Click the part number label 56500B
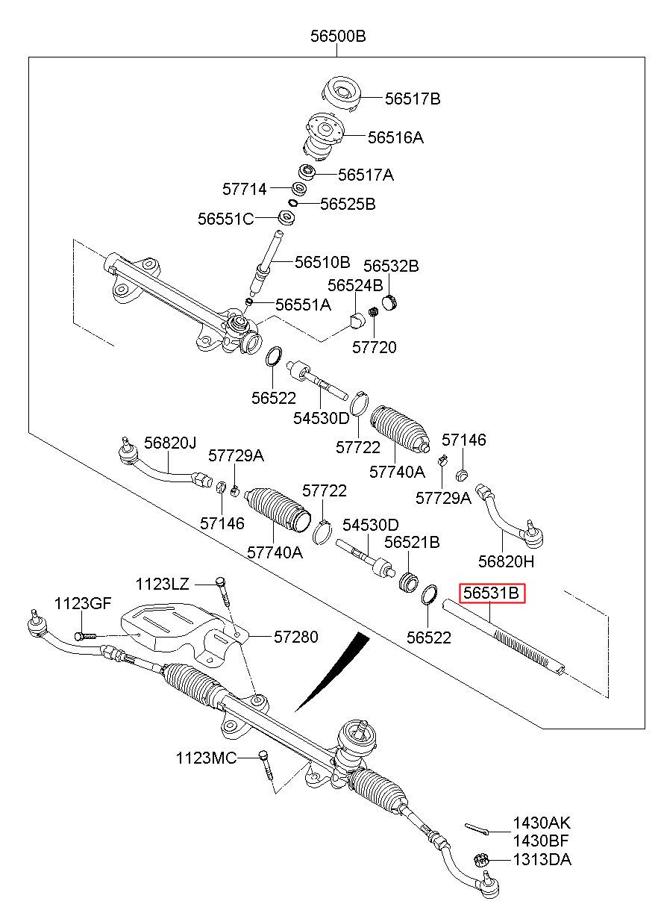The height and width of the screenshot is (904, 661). click(338, 36)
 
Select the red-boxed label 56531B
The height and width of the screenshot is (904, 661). click(492, 593)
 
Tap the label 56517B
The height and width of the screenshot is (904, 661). click(413, 98)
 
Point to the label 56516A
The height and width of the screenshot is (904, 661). click(395, 137)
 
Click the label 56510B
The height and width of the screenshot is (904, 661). click(322, 262)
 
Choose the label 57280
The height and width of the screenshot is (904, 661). click(295, 637)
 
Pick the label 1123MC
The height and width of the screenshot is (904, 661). click(206, 758)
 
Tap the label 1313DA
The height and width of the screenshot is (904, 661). click(542, 859)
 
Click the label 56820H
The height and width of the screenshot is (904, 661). click(507, 561)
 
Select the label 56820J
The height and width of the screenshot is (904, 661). click(170, 443)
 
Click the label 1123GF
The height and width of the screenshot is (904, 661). click(82, 603)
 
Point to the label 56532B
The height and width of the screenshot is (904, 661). click(391, 266)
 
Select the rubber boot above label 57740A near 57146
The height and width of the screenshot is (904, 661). click(400, 428)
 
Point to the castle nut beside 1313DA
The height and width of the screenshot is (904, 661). click(482, 859)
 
